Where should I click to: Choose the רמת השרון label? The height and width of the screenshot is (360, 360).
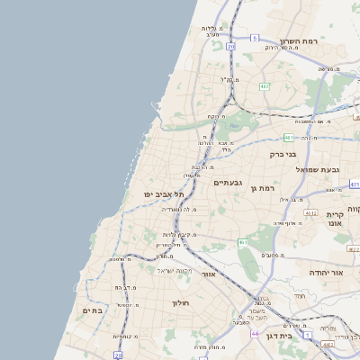tap(300, 42)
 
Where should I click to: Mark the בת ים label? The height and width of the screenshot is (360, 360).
tap(94, 310)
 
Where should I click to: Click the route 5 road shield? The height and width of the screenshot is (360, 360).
tap(255, 38)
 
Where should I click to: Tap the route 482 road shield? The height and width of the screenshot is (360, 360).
tap(265, 86)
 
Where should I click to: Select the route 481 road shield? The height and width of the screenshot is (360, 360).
tap(289, 138)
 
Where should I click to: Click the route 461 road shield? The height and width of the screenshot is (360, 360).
tap(243, 242)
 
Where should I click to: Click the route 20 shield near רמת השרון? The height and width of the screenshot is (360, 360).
tap(231, 45)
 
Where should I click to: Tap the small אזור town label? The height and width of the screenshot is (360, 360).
tap(208, 273)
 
